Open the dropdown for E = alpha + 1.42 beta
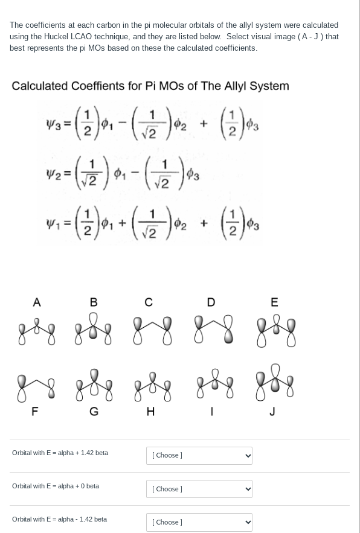coord(199,456)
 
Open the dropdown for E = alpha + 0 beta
coord(199,489)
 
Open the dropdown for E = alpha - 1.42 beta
coord(199,522)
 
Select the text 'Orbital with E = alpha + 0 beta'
coord(56,486)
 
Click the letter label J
coord(273,412)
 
